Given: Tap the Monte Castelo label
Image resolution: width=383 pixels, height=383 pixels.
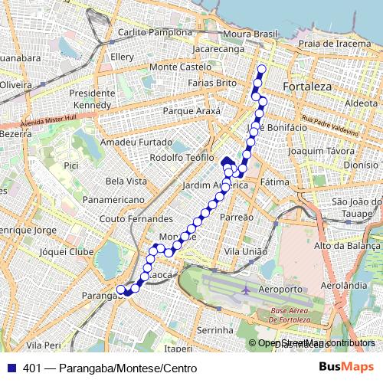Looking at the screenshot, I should pos(180,67).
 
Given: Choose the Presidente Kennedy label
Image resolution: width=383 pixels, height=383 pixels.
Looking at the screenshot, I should pos(92,98).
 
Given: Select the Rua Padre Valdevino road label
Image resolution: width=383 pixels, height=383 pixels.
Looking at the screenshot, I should pos(329,126).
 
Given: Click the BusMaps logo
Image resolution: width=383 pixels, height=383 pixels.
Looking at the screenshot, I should pos(345,368).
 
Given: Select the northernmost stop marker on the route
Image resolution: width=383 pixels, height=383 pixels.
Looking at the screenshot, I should pos(261,70).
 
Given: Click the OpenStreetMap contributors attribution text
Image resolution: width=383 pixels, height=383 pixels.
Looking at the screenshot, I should pos(316,344).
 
